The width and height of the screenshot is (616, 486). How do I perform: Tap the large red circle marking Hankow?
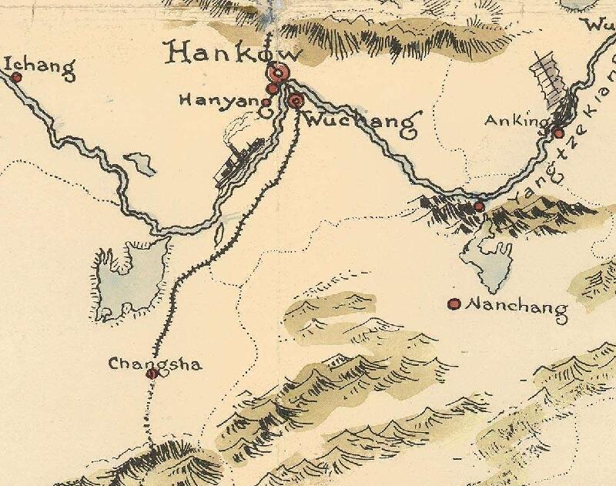point(278,75)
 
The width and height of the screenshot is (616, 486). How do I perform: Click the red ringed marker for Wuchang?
point(295,100)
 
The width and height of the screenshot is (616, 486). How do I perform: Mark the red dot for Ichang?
point(15,77)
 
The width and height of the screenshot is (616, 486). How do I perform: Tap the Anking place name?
point(515,121)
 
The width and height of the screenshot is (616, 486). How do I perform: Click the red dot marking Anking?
point(558,133)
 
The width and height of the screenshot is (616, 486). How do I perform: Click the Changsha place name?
point(155,364)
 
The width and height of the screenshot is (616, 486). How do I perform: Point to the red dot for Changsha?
point(152,374)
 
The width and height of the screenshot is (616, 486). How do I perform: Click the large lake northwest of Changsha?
point(127,277)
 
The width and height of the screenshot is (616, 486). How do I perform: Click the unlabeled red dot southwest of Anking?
point(479,206)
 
